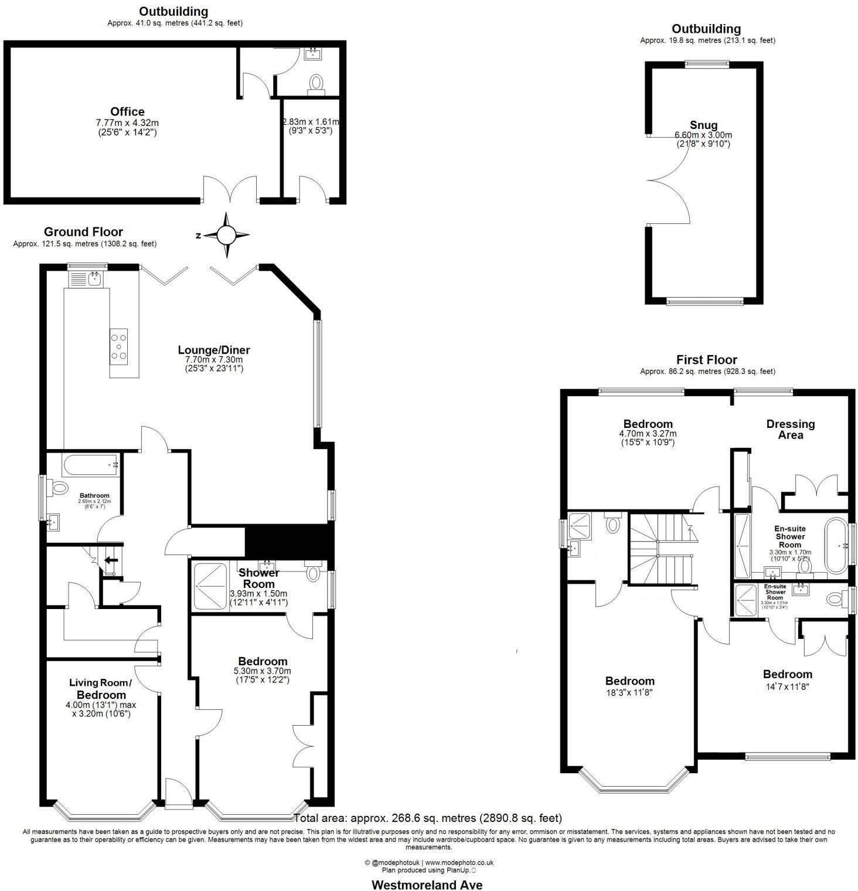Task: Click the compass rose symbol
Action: (x=226, y=236)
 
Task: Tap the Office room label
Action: (x=127, y=111)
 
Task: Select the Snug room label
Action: (x=703, y=125)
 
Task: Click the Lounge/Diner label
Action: (x=214, y=350)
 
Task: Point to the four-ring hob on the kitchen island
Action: (x=118, y=346)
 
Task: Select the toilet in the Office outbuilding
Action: (x=316, y=82)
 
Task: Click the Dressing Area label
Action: (x=790, y=429)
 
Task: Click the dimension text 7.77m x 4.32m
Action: (x=127, y=123)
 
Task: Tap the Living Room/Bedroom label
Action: (x=100, y=688)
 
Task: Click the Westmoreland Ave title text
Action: (x=427, y=885)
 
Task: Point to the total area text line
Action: (x=428, y=818)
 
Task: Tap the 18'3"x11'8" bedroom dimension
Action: (x=629, y=692)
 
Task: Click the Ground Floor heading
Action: (x=83, y=232)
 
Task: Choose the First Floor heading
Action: (x=706, y=359)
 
